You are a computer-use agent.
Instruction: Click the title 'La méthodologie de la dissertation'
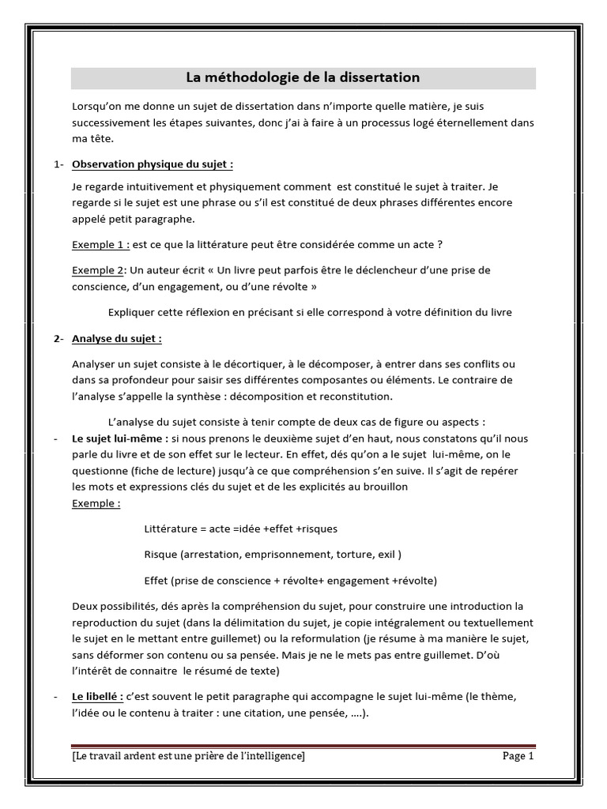click(303, 77)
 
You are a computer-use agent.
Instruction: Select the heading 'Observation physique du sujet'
click(152, 164)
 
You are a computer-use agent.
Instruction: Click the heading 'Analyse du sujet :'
click(117, 339)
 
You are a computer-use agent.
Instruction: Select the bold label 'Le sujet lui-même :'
click(119, 438)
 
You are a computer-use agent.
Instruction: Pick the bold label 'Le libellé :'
click(97, 697)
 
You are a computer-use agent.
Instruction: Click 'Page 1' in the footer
click(518, 756)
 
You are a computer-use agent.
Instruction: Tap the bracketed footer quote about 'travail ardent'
click(188, 756)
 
